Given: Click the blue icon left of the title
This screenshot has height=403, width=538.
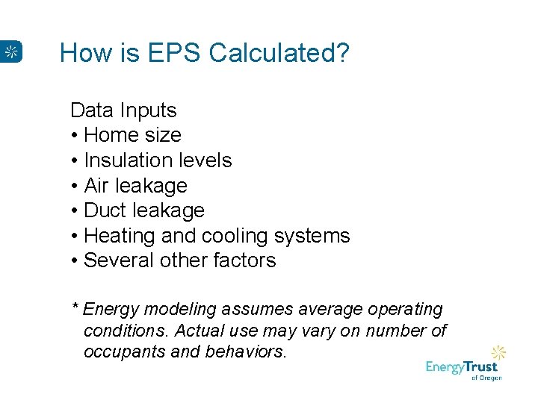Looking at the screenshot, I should [x=11, y=51].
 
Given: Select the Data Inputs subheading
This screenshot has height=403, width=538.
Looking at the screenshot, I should [x=123, y=110].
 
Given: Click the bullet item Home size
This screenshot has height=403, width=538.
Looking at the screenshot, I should [x=132, y=135].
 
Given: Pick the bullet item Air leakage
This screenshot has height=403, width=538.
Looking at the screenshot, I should [x=135, y=185].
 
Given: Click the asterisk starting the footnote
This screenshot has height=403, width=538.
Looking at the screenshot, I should [x=75, y=308].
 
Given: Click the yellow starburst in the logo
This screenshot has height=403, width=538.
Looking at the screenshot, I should [x=498, y=352].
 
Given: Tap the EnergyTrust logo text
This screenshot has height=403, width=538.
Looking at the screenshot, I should [x=461, y=367].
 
